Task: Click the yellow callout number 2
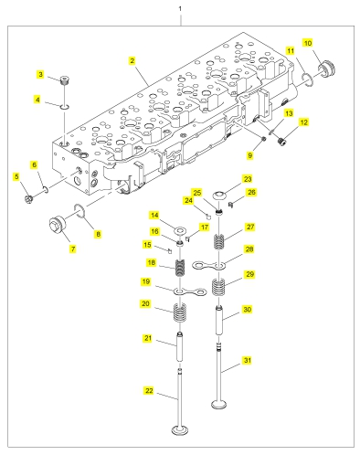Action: click(x=132, y=60)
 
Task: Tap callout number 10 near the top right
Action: click(x=308, y=43)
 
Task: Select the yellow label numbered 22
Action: click(x=149, y=390)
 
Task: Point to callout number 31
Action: click(x=248, y=360)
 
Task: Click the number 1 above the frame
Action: click(x=180, y=8)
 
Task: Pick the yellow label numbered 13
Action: click(x=289, y=113)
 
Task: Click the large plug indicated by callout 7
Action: click(x=58, y=225)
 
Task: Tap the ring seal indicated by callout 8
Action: click(x=79, y=211)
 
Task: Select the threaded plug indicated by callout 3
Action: click(x=64, y=80)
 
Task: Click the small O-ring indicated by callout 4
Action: click(x=65, y=107)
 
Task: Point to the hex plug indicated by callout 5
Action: click(x=28, y=199)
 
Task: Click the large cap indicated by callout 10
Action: click(x=327, y=69)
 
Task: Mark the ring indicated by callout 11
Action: click(x=308, y=79)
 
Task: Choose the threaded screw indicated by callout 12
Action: click(x=283, y=142)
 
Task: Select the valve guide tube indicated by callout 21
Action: click(x=180, y=347)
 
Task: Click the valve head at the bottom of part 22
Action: click(x=180, y=430)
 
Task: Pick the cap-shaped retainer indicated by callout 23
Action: click(x=219, y=196)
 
